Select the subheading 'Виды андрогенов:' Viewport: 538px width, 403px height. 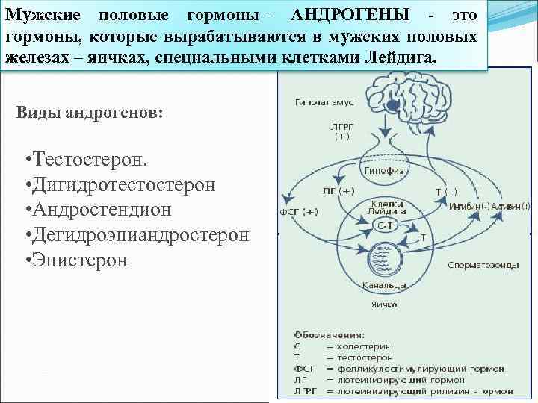tap(88, 113)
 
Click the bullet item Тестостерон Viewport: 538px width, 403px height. tap(90, 162)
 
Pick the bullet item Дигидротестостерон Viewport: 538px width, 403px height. tap(123, 185)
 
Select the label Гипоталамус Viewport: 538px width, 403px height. tap(324, 101)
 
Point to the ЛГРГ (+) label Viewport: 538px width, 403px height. tap(341, 131)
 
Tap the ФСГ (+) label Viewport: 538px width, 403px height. tap(299, 211)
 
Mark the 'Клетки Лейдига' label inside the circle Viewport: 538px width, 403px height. tap(386, 207)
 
